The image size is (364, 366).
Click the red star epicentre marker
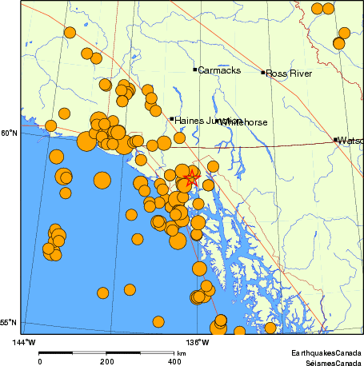click(190, 178)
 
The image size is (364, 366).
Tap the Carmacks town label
click(218, 70)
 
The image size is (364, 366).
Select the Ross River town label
click(289, 74)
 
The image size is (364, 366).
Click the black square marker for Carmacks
click(195, 70)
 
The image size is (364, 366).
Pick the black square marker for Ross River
click(263, 73)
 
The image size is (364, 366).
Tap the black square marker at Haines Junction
click(172, 119)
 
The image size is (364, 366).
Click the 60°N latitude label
click(9, 133)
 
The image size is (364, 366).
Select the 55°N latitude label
click(9, 322)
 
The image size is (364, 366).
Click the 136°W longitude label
click(198, 343)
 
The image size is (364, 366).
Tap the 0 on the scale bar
click(40, 360)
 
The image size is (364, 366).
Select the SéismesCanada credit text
click(328, 361)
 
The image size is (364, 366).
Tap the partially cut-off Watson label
click(350, 141)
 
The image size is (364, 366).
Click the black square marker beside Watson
click(335, 140)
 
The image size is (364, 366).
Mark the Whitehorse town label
click(244, 122)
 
